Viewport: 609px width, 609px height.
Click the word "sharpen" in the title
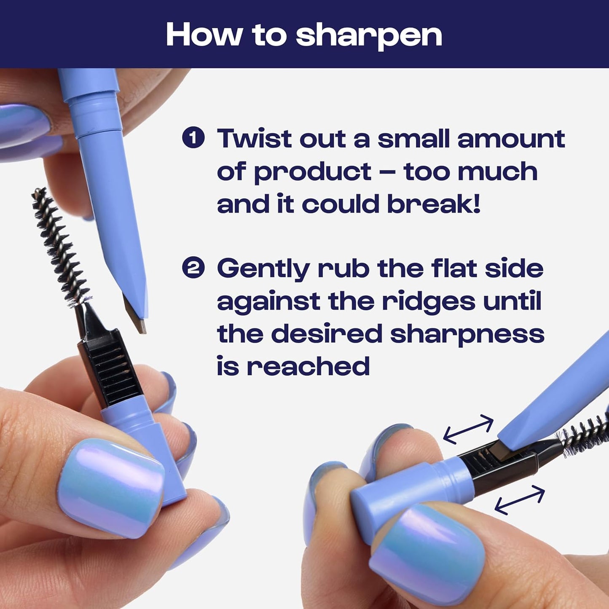(368, 36)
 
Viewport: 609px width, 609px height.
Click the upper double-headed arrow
(468, 429)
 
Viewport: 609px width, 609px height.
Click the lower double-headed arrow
(519, 500)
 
